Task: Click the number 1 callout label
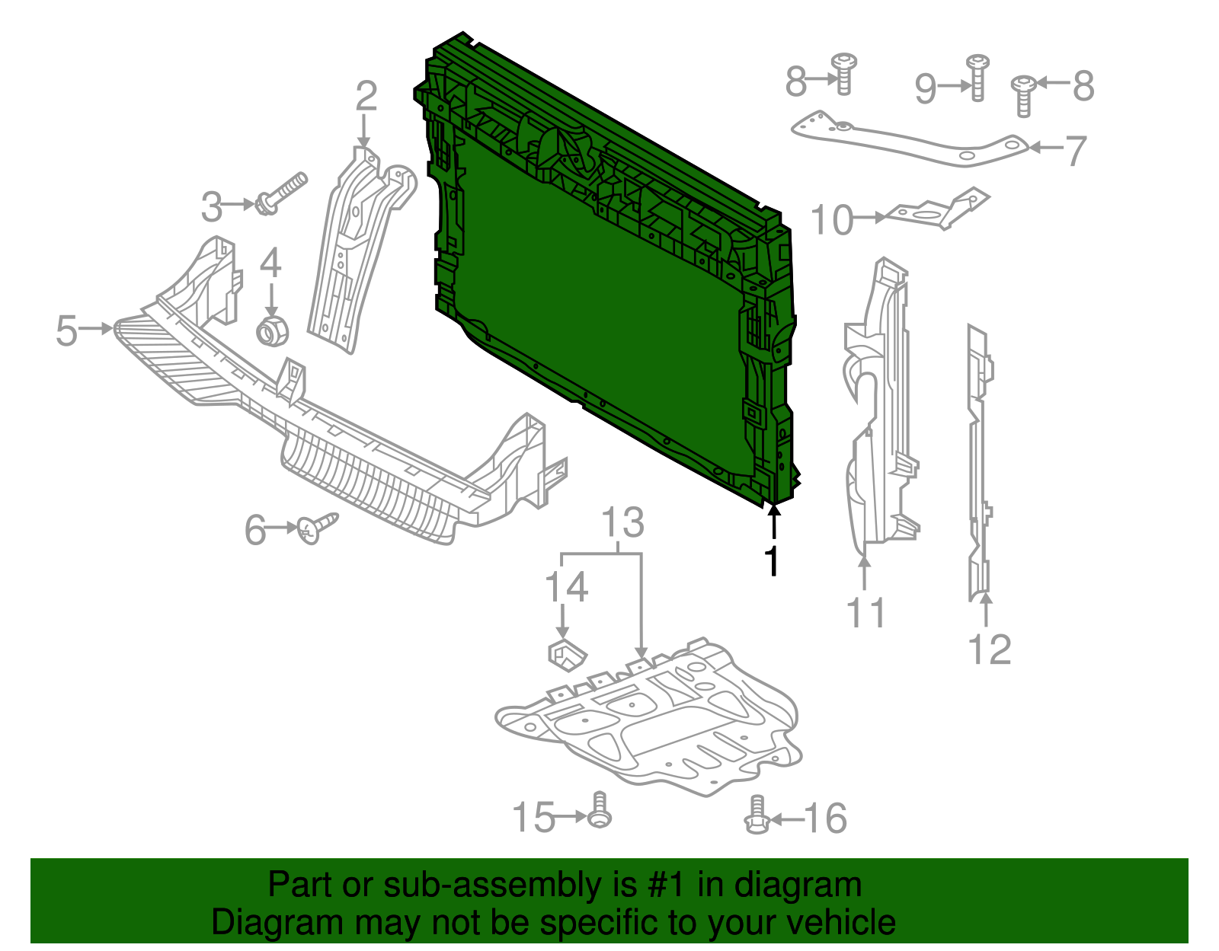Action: click(773, 561)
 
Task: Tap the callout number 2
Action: click(366, 97)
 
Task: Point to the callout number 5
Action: click(67, 331)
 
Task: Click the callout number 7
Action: click(1074, 151)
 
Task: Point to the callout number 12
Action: click(989, 649)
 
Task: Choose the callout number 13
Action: click(623, 523)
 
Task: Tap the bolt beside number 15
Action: click(600, 811)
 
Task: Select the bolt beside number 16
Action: click(756, 816)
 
